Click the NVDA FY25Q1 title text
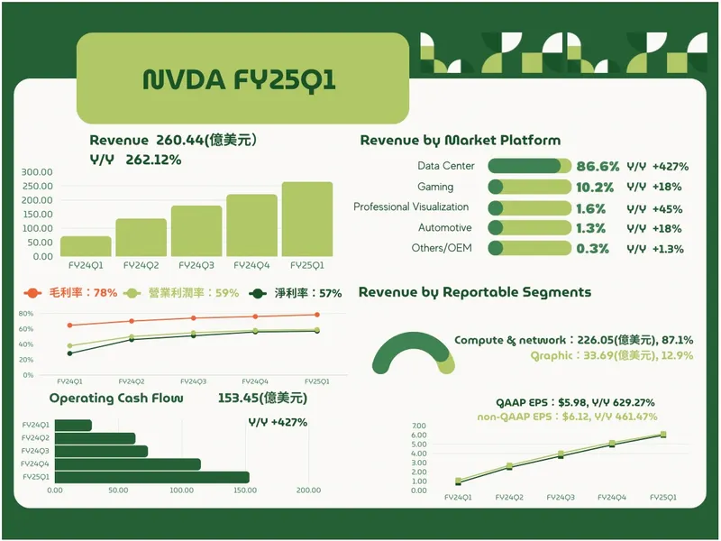click(x=240, y=79)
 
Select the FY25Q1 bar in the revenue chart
click(x=306, y=219)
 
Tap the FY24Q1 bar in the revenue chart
click(x=86, y=246)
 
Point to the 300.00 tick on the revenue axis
click(x=37, y=172)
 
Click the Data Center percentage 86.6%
click(x=598, y=166)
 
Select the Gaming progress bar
click(x=529, y=187)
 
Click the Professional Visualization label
click(x=411, y=207)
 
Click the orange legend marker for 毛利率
click(x=32, y=293)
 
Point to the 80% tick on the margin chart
click(x=26, y=314)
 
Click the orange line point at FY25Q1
click(x=315, y=315)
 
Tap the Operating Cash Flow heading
click(x=116, y=398)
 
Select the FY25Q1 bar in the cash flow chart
click(x=151, y=477)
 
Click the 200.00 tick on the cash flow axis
click(x=308, y=491)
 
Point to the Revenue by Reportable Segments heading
click(x=475, y=292)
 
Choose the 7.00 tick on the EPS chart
click(x=418, y=426)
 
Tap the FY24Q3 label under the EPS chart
click(x=561, y=498)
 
